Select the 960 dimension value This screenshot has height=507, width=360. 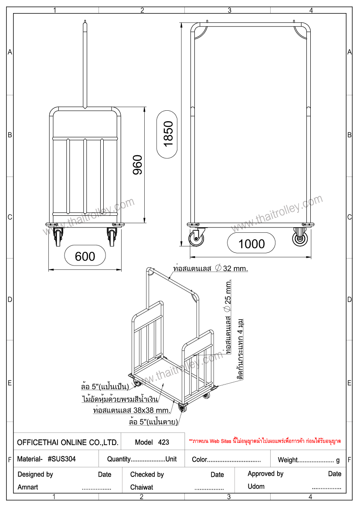[x=138, y=165]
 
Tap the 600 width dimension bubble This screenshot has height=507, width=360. [x=85, y=256]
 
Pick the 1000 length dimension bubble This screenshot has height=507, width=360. [x=251, y=244]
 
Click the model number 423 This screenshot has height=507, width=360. [x=163, y=442]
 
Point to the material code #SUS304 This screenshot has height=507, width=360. [x=61, y=459]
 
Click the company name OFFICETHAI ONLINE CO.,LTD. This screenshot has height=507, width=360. [x=68, y=442]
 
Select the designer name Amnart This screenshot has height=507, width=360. [x=28, y=487]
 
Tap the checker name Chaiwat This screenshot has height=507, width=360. [x=142, y=487]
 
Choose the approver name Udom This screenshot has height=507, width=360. [x=256, y=487]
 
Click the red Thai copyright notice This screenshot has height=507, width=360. [x=265, y=441]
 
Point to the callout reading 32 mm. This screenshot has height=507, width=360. [x=232, y=268]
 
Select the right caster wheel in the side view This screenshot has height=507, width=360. [x=300, y=237]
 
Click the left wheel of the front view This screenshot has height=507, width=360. [x=58, y=237]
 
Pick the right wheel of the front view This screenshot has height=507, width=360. [x=112, y=237]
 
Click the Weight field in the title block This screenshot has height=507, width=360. [x=309, y=460]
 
